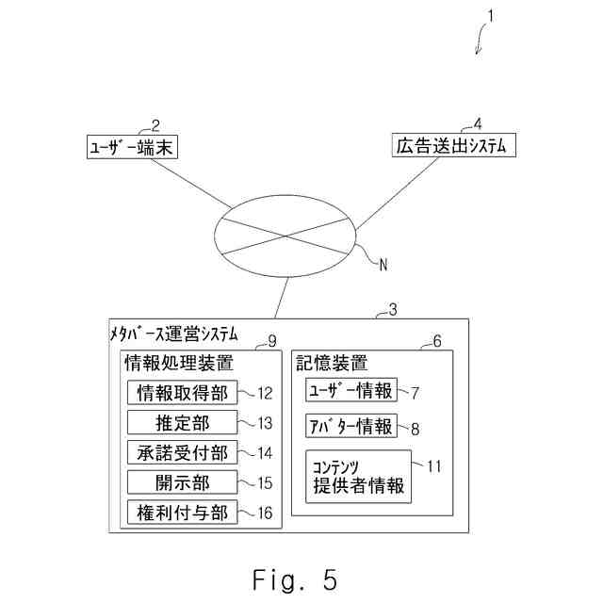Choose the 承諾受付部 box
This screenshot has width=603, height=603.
[x=182, y=453]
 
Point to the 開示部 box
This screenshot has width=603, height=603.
[x=182, y=483]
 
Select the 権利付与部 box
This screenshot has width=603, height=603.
[x=182, y=513]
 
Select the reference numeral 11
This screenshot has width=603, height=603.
[x=434, y=464]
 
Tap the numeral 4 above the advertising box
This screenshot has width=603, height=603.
[x=478, y=124]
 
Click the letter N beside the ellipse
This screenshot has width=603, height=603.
[x=383, y=265]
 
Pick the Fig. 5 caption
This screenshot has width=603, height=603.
[x=294, y=579]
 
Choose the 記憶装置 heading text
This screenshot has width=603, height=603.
[x=331, y=362]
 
